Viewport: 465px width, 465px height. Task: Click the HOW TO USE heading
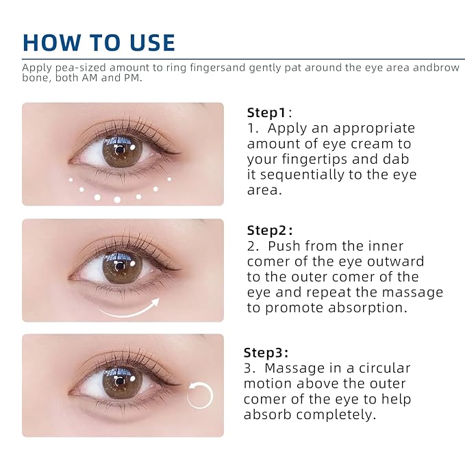(99, 42)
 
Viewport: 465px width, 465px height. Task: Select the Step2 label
(269, 230)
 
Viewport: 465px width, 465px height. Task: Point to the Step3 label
(266, 353)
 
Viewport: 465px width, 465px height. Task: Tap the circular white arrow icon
(200, 395)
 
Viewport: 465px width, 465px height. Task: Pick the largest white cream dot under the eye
(117, 200)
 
